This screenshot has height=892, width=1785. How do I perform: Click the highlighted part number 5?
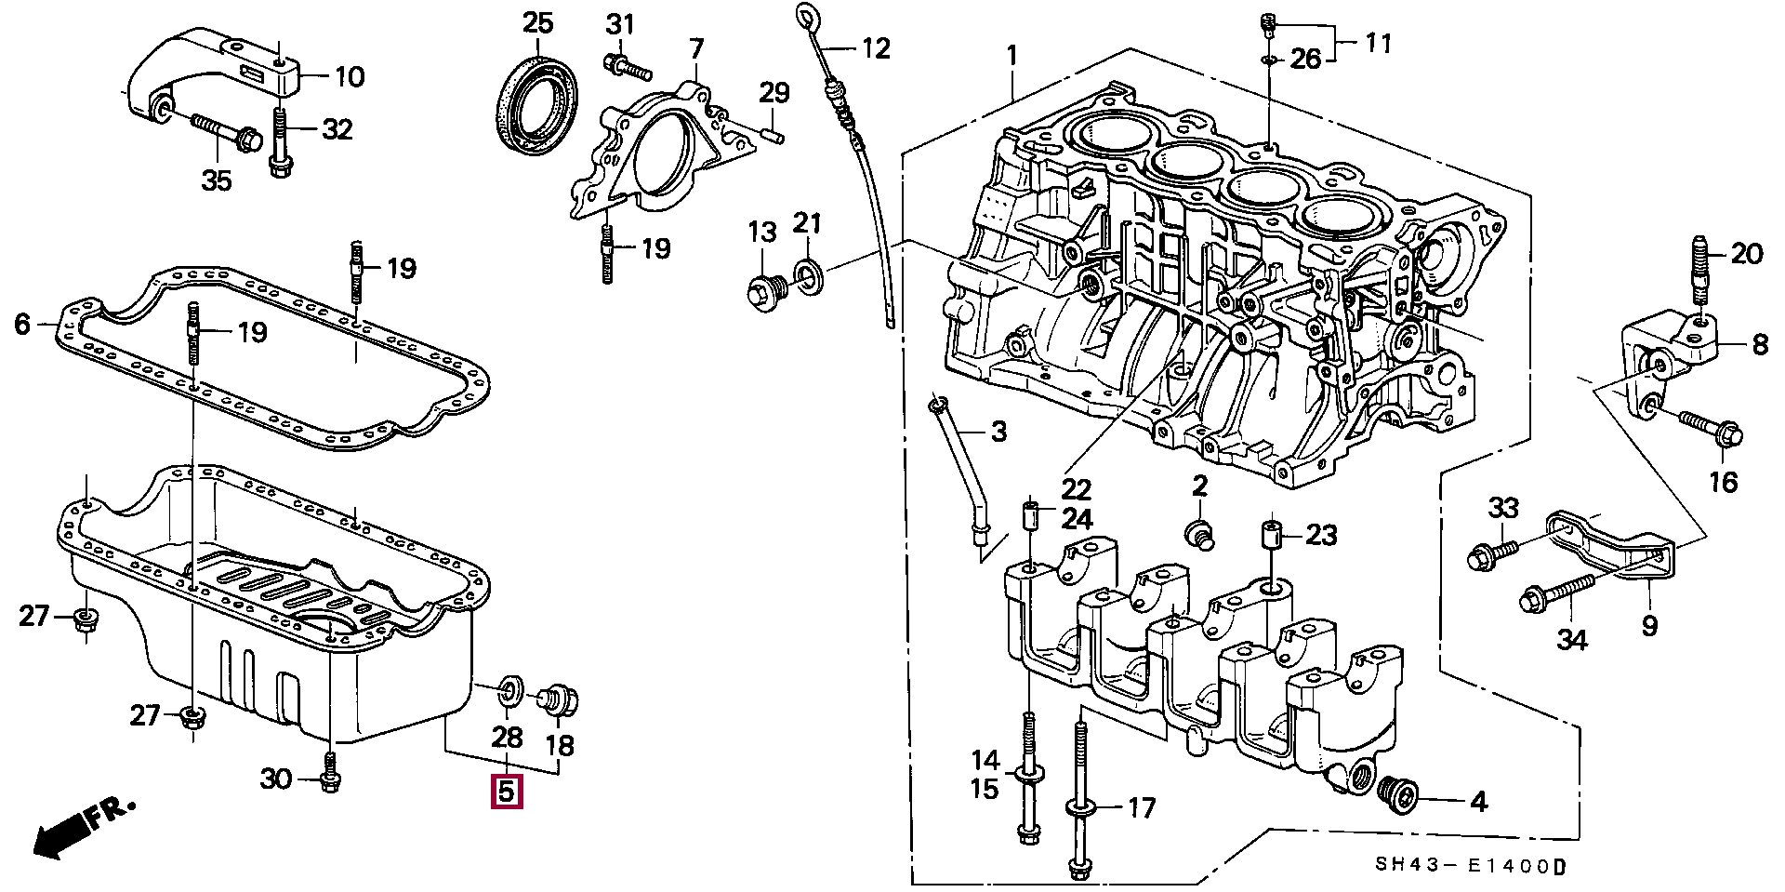(507, 792)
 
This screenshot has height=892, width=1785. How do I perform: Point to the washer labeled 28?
(510, 690)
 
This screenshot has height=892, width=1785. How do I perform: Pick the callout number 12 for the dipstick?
(875, 47)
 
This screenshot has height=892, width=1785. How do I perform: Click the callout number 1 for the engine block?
(1011, 56)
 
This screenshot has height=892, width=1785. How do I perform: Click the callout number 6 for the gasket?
(24, 325)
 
